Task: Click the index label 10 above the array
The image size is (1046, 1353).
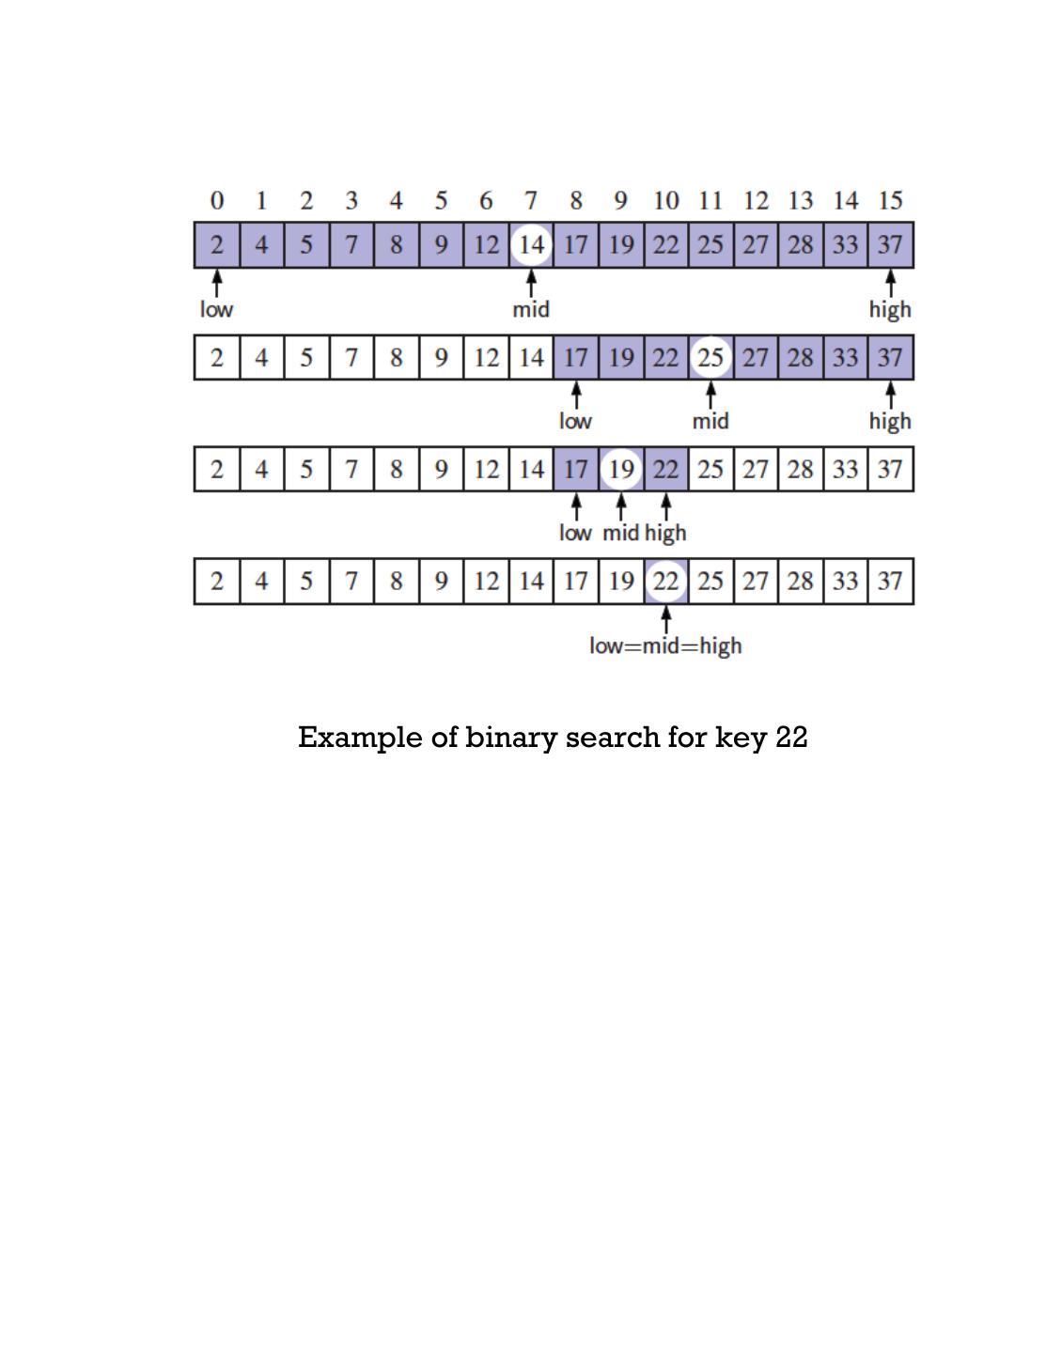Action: click(665, 200)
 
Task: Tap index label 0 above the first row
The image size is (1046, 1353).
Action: click(217, 200)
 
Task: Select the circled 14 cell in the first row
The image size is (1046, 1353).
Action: click(531, 245)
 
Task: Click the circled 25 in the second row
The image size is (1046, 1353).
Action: click(710, 357)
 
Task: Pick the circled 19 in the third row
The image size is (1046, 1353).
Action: click(621, 469)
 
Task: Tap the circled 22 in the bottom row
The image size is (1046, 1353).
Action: click(665, 581)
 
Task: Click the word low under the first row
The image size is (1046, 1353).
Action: click(216, 309)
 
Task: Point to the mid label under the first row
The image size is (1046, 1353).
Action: click(531, 309)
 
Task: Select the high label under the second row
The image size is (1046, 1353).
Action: click(889, 421)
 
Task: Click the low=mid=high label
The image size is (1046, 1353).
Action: click(665, 645)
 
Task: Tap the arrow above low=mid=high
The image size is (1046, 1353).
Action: click(665, 619)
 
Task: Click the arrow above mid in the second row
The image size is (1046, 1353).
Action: click(710, 396)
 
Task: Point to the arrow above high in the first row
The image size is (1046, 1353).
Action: click(890, 284)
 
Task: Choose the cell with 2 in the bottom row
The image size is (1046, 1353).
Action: click(217, 581)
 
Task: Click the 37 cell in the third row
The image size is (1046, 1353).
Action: click(890, 469)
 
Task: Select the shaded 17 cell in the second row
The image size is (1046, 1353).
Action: click(576, 357)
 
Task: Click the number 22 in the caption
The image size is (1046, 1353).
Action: click(791, 738)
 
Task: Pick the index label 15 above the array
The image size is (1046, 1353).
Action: click(890, 200)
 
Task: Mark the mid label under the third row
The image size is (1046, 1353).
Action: click(620, 533)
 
